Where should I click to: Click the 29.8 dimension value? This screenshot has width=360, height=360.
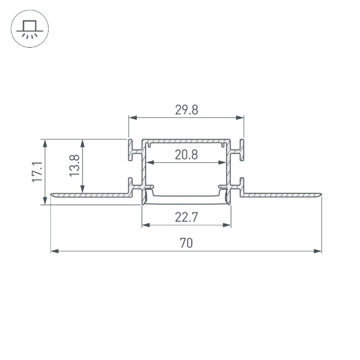tap(187, 110)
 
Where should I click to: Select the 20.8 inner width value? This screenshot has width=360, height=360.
tap(187, 156)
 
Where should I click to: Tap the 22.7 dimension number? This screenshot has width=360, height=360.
tap(187, 218)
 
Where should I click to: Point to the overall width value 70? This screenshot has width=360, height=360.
tap(187, 243)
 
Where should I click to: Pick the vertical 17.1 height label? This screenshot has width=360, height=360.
tap(37, 172)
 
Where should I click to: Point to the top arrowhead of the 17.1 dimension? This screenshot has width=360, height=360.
tap(45, 142)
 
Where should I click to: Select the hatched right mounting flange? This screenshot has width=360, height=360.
tap(282, 194)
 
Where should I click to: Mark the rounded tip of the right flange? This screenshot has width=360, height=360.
tap(320, 194)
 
